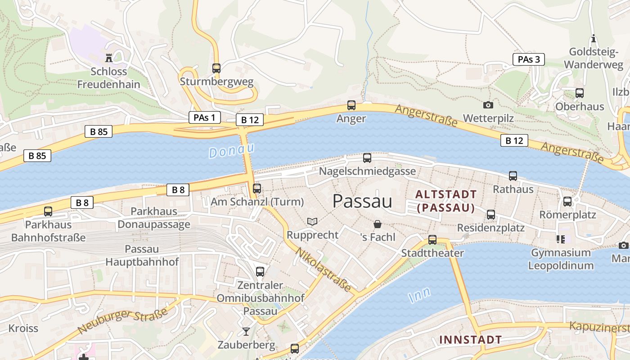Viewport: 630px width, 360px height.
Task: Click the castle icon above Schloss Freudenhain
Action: click(x=108, y=58)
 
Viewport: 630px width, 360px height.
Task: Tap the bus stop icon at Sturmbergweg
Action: click(x=216, y=68)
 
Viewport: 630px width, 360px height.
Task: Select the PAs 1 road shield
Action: click(x=205, y=118)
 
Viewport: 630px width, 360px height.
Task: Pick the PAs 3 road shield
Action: click(x=529, y=59)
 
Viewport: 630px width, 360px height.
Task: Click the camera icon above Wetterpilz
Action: click(x=488, y=105)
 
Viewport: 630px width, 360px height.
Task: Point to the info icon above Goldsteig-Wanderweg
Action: click(x=594, y=39)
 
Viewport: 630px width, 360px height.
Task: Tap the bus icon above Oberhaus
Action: click(x=580, y=93)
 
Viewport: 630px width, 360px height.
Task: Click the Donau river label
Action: click(x=232, y=150)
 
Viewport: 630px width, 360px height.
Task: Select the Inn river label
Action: click(x=419, y=295)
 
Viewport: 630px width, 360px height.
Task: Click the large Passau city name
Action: click(x=362, y=201)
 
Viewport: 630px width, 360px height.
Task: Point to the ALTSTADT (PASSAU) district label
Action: click(x=445, y=201)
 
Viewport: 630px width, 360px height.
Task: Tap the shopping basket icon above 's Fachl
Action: click(x=378, y=224)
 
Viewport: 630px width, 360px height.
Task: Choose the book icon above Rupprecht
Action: click(x=312, y=221)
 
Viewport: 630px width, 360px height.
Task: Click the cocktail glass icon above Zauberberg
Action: click(x=246, y=332)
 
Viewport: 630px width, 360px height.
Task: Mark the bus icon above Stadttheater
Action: click(x=432, y=239)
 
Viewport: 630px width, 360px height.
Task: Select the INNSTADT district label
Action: click(x=470, y=339)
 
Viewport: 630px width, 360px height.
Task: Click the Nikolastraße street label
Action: click(x=323, y=269)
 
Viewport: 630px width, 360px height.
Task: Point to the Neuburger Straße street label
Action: click(x=122, y=321)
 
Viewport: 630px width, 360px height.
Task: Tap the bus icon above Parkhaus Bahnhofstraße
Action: click(x=48, y=211)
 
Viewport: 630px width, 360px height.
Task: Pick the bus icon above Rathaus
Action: click(x=513, y=176)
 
